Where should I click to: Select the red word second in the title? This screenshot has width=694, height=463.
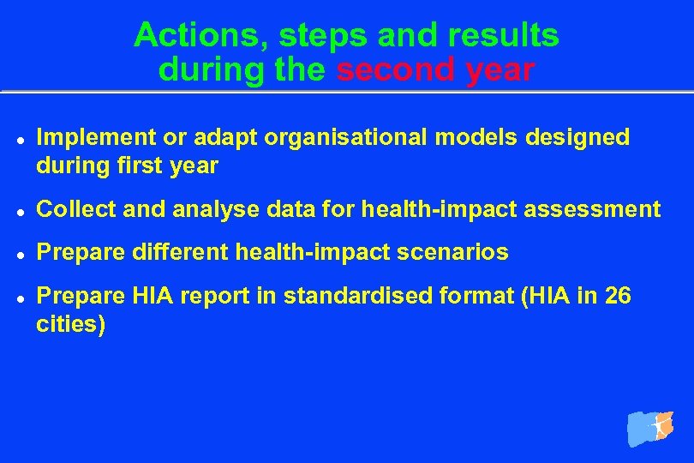[x=396, y=69]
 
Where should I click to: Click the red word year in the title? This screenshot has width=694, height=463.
[x=500, y=69]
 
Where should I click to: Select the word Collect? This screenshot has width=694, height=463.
[x=70, y=209]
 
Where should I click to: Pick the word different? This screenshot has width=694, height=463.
[x=175, y=253]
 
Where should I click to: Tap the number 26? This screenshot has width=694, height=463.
[x=617, y=297]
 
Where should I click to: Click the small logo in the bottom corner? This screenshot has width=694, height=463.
[x=651, y=427]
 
